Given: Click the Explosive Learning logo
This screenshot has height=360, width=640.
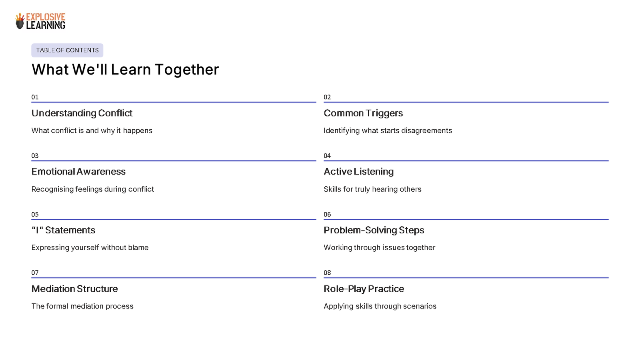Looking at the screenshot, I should [40, 21].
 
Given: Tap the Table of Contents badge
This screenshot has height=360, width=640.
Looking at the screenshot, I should [67, 50].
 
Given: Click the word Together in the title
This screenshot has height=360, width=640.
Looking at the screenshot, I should [187, 70].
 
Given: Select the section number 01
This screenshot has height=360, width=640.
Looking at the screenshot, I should [35, 97].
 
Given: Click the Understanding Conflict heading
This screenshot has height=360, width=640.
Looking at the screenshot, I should [82, 113].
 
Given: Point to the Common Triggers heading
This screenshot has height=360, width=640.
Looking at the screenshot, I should [363, 113].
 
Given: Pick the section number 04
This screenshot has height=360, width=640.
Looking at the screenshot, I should [327, 156].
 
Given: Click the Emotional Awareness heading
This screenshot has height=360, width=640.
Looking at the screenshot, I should [78, 172].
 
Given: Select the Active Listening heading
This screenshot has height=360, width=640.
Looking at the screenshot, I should [358, 172].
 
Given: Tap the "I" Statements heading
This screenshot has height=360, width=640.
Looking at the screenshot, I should [63, 230].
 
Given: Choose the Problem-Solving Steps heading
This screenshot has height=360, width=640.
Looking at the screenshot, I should [374, 230].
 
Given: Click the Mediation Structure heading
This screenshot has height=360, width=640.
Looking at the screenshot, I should [74, 289].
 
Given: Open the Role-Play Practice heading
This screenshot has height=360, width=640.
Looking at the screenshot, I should [364, 289].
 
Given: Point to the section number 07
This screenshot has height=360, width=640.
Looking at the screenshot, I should [35, 273].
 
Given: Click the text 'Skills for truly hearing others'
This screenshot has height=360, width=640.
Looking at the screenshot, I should [372, 189].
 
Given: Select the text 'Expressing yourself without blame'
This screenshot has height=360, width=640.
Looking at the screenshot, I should [90, 248].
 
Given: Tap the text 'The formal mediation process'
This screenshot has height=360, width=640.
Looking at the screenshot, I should [82, 306].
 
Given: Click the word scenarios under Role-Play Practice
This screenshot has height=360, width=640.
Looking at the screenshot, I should [420, 306].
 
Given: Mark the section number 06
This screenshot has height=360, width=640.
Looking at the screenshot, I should [327, 214].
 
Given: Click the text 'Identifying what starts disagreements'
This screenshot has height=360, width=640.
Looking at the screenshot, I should [388, 131].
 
